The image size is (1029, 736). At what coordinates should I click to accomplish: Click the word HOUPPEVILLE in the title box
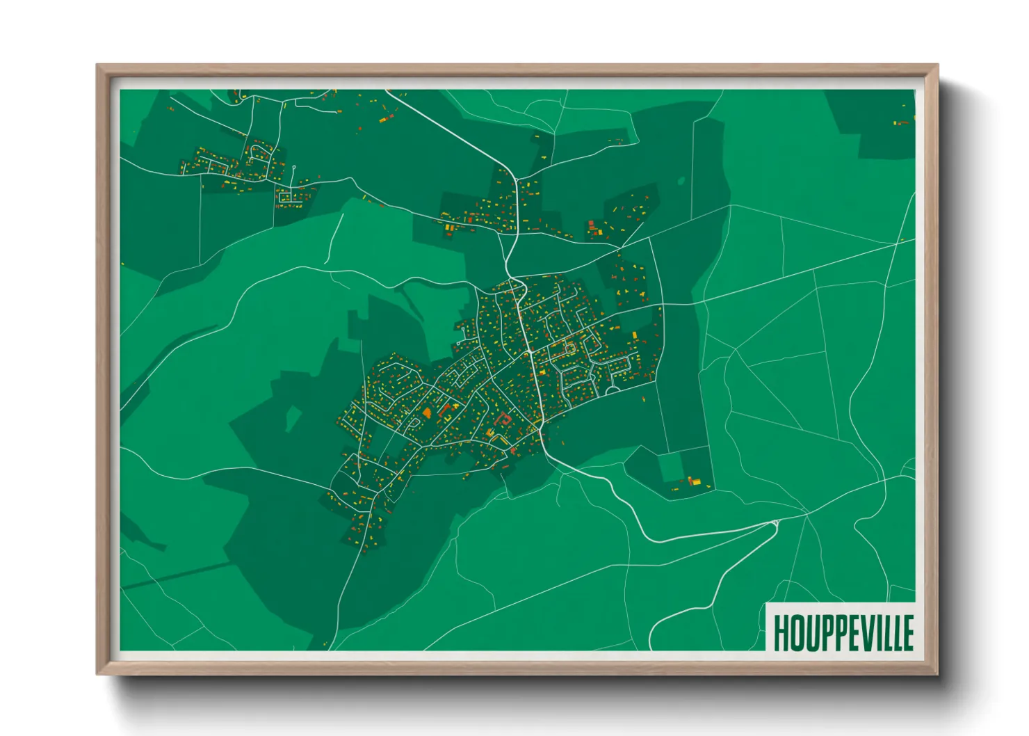843,632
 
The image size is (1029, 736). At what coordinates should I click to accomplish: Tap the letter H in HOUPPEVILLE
781,632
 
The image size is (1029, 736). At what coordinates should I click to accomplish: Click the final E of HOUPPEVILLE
907,632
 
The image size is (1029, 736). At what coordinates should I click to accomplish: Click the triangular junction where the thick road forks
775,522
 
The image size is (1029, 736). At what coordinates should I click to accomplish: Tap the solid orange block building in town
426,413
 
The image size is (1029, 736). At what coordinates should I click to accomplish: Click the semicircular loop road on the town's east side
613,390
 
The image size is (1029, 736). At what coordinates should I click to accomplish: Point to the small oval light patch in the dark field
681,182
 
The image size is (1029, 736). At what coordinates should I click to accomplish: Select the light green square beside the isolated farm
672,467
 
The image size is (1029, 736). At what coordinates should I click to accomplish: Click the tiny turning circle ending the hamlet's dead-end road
294,167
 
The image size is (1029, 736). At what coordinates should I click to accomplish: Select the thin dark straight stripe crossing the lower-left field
174,575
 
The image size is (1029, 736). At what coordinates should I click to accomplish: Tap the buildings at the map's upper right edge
902,122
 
